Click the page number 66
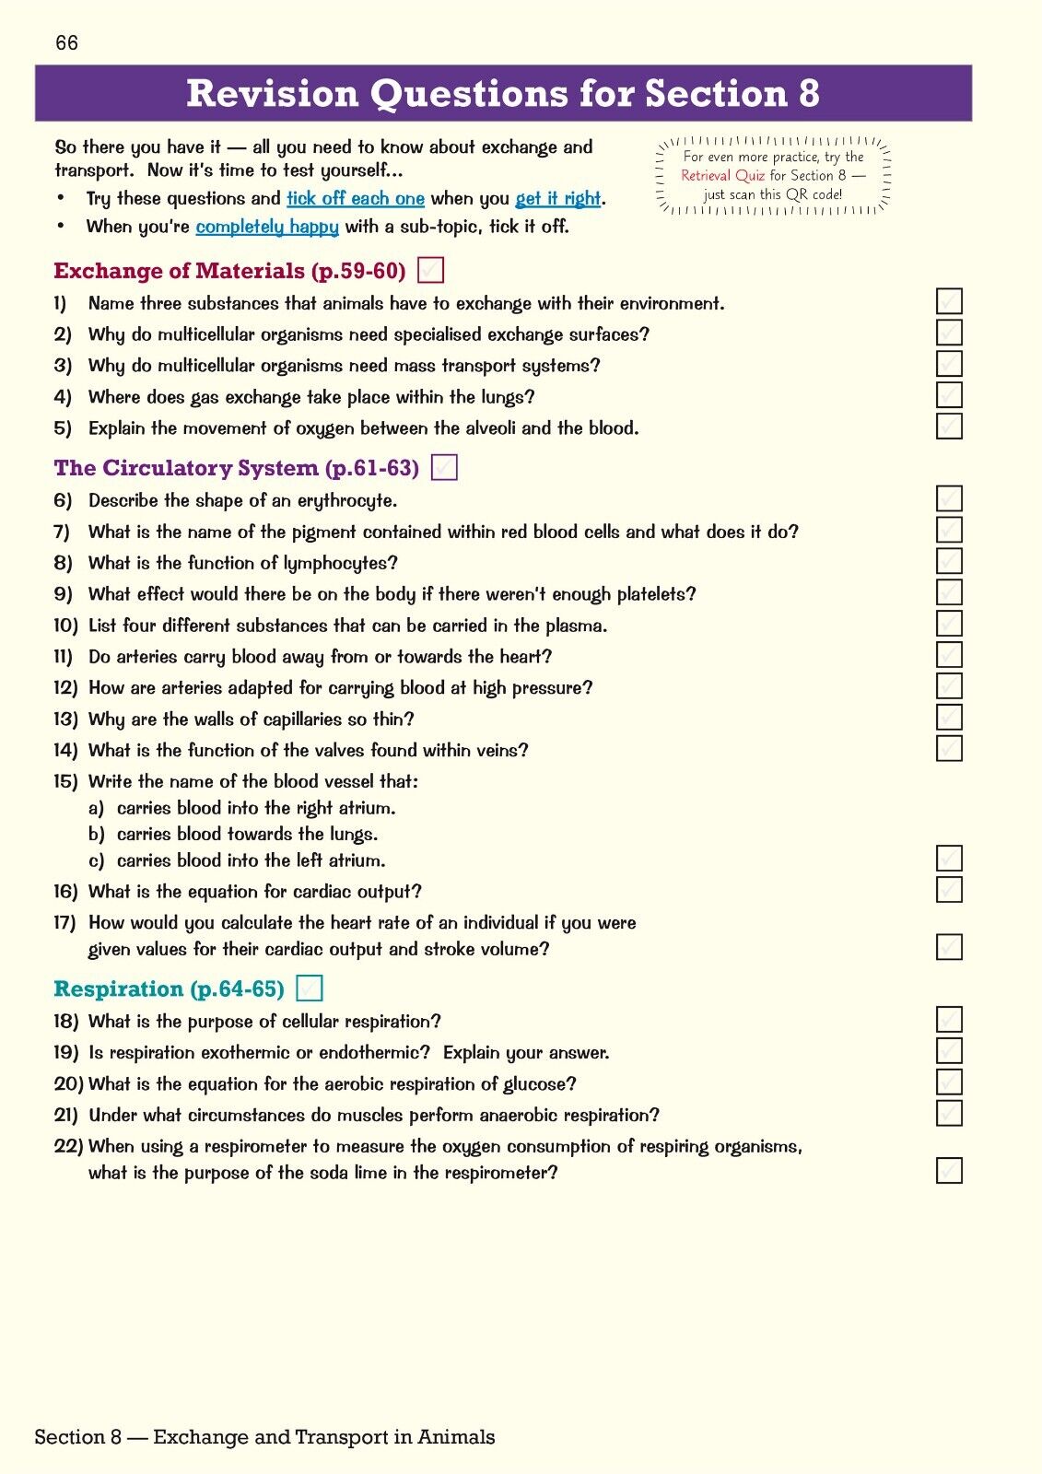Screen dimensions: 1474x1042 coord(66,43)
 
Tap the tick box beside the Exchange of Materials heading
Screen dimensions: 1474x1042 coord(430,270)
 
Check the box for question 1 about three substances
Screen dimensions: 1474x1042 coord(949,301)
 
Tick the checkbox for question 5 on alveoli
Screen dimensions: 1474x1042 coord(949,426)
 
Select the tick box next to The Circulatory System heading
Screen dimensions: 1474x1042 coord(444,468)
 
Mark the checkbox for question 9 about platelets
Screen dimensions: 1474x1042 coord(949,592)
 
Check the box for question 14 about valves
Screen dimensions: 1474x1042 coord(949,748)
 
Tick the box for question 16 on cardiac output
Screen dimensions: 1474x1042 coord(949,890)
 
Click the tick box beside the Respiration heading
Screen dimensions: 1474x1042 coord(310,989)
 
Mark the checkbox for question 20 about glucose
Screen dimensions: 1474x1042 coord(949,1082)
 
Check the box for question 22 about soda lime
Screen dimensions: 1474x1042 coord(949,1171)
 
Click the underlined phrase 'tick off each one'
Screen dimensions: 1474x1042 coord(355,199)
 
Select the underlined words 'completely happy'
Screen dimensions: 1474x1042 coord(267,227)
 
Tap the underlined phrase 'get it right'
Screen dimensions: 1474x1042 coord(557,199)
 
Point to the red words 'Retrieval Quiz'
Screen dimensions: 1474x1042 coord(722,176)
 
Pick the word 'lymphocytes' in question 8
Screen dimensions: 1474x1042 coord(334,564)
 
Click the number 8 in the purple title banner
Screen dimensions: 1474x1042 coord(808,94)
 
